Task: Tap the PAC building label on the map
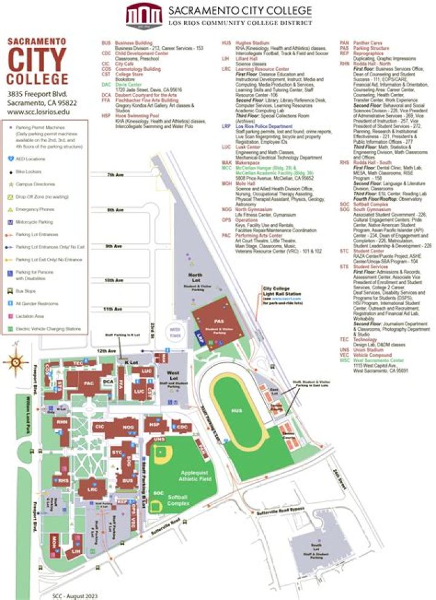[x=88, y=383]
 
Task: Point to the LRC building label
[x=93, y=488]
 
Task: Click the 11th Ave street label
[x=113, y=309]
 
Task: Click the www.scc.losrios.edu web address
[x=38, y=113]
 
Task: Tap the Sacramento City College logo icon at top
[x=144, y=15]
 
